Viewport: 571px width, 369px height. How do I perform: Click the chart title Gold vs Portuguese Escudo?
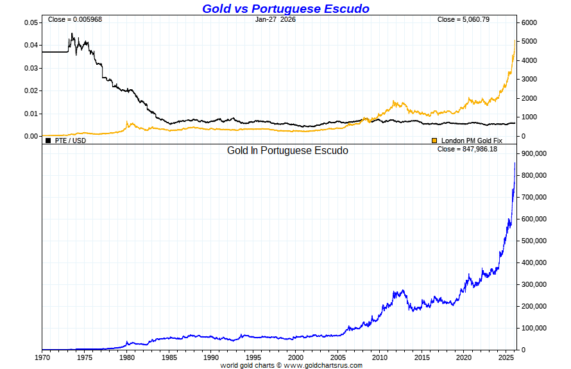click(x=285, y=8)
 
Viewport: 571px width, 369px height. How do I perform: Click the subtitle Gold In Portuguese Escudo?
click(x=287, y=151)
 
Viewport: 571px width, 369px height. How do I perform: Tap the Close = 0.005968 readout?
click(x=75, y=19)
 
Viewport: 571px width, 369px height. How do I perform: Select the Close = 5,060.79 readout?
click(x=463, y=19)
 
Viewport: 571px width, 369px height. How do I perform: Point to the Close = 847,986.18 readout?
click(x=467, y=149)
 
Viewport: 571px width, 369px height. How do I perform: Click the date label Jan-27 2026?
click(x=275, y=19)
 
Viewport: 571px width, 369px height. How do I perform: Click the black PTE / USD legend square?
click(x=48, y=140)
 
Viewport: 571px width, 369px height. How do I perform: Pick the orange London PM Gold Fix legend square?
click(x=434, y=140)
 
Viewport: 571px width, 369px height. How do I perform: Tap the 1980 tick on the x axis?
click(x=127, y=357)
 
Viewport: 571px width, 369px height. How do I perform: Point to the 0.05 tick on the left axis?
click(x=31, y=22)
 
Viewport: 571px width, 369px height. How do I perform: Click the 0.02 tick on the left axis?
click(x=31, y=90)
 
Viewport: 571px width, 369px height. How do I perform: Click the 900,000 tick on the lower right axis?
click(x=533, y=154)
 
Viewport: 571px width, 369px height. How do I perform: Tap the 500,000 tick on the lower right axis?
click(x=533, y=241)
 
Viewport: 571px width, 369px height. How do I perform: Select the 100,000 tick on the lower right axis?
click(x=533, y=328)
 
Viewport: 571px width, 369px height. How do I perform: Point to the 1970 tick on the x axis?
click(x=42, y=357)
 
